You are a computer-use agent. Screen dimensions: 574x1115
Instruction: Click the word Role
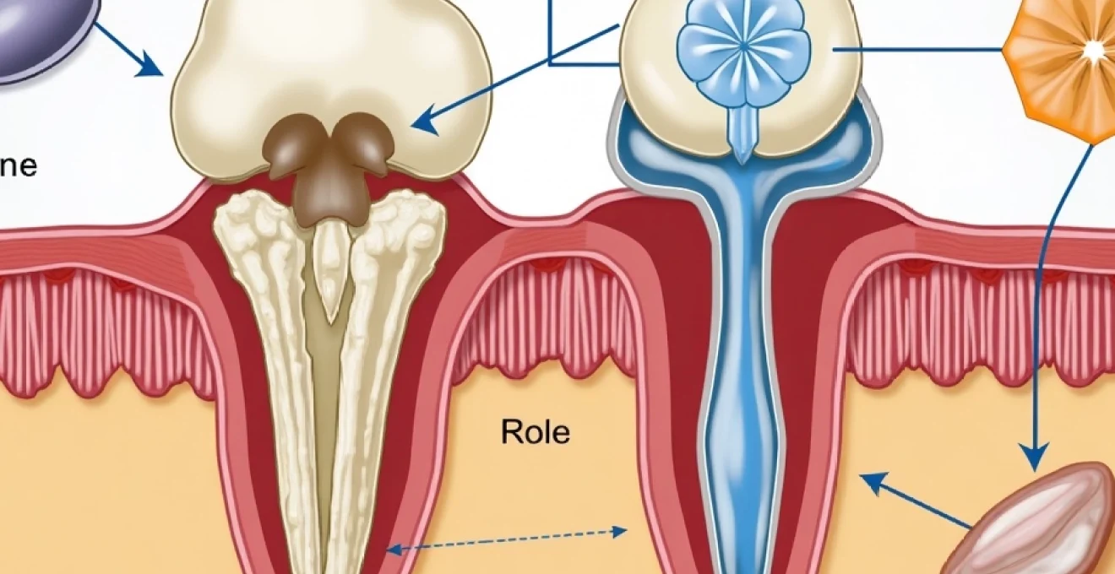click(536, 432)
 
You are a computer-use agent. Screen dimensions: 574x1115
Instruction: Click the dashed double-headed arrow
click(507, 540)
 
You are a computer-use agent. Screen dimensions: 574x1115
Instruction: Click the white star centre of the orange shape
click(1094, 52)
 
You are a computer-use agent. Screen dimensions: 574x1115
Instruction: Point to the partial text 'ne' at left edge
click(19, 165)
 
